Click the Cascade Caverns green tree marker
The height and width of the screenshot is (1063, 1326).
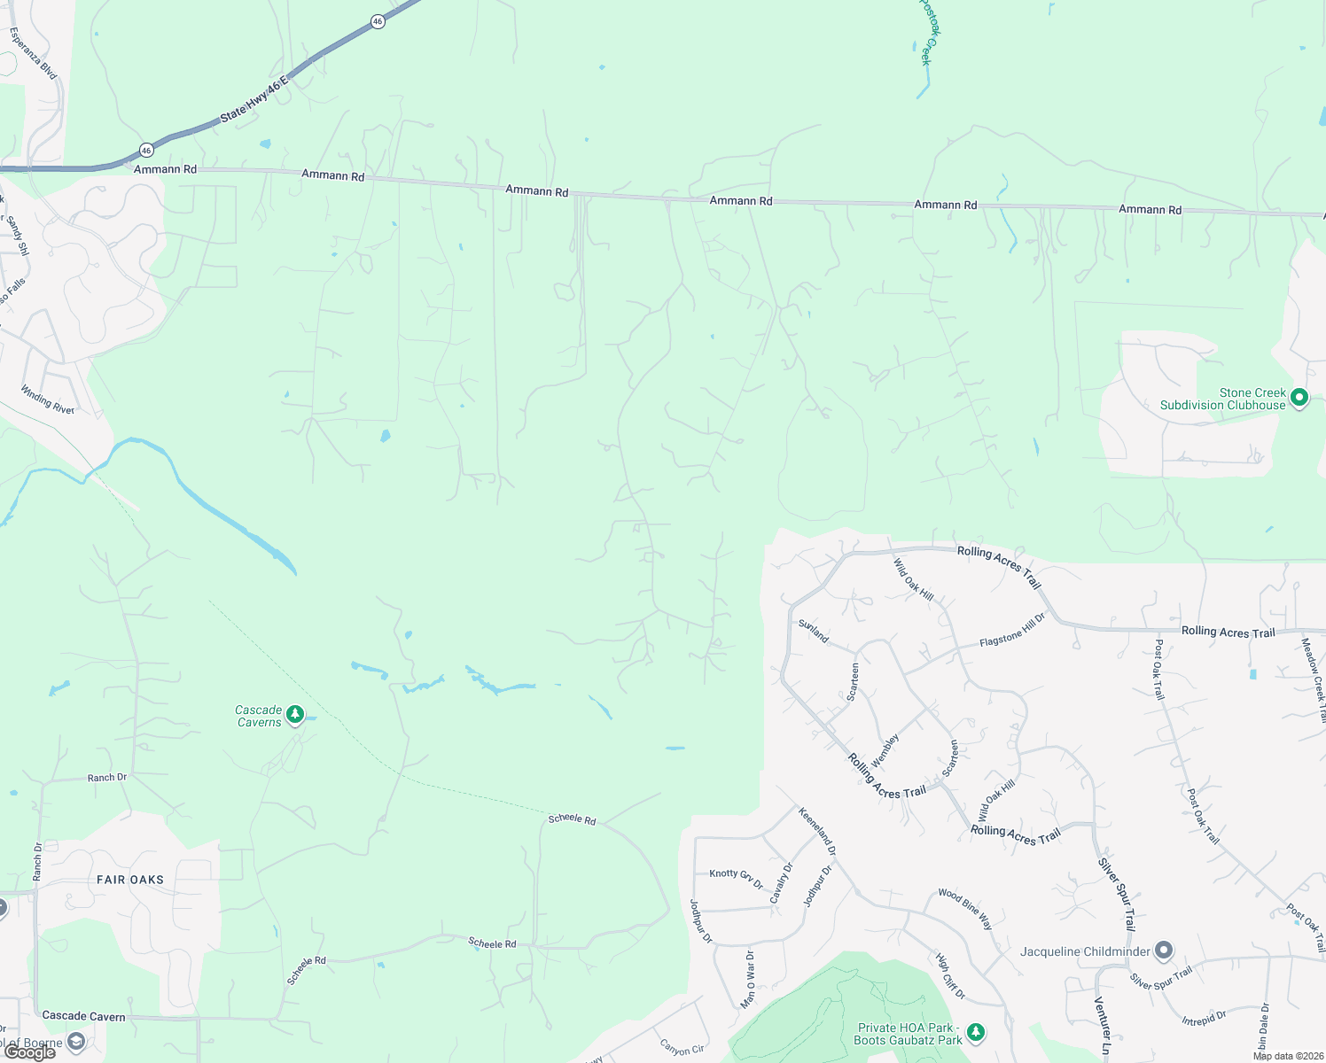[x=296, y=714]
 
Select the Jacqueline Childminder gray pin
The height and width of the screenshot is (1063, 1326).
[x=1164, y=951]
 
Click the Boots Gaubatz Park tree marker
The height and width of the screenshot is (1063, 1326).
[x=976, y=1032]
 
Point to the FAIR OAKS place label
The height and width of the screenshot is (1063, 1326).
[x=130, y=880]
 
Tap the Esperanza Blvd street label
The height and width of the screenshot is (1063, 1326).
[x=33, y=53]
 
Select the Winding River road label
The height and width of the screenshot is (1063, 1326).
[x=48, y=400]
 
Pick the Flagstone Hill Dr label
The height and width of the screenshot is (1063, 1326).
[x=1012, y=630]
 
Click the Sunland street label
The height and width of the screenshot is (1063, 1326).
[x=813, y=632]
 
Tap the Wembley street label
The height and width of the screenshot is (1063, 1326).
[x=885, y=750]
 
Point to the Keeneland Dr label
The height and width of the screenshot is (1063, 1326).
[x=817, y=830]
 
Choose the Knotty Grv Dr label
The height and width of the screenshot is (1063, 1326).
[x=736, y=878]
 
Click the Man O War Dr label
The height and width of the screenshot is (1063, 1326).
[x=748, y=979]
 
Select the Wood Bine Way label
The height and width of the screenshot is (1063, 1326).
[x=965, y=909]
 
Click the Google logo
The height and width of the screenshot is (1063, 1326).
[x=28, y=1052]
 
